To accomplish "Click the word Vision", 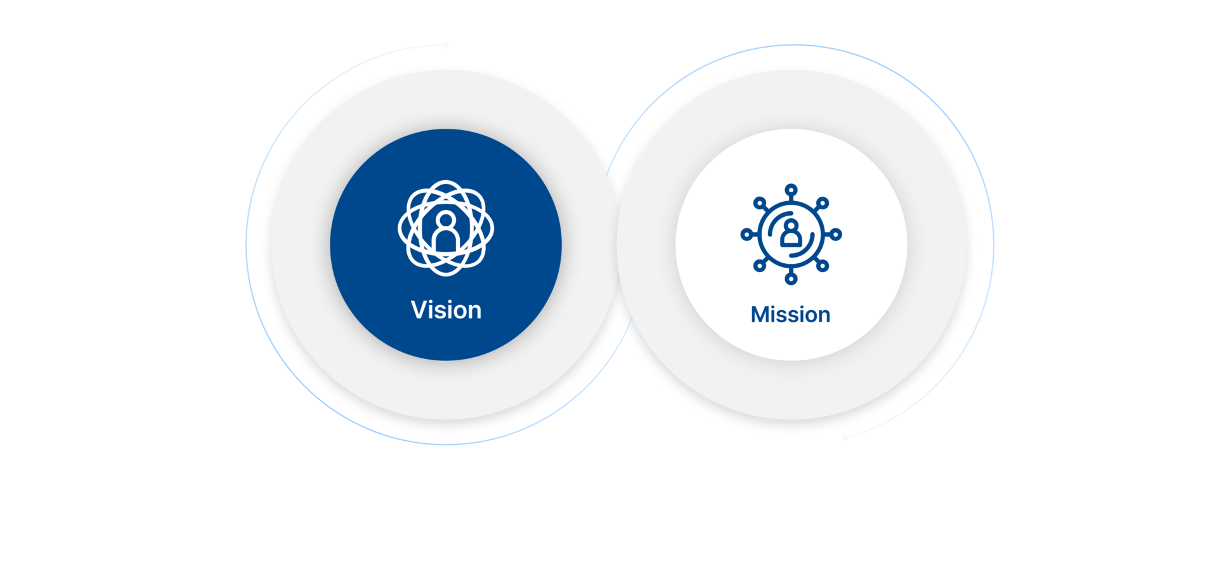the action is coord(446,310).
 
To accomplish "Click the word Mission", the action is coord(790,315).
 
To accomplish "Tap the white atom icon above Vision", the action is coord(446,228).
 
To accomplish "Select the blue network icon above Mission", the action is coord(791,234).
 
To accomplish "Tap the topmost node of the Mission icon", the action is coord(791,190).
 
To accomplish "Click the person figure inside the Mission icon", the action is coord(790,233).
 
